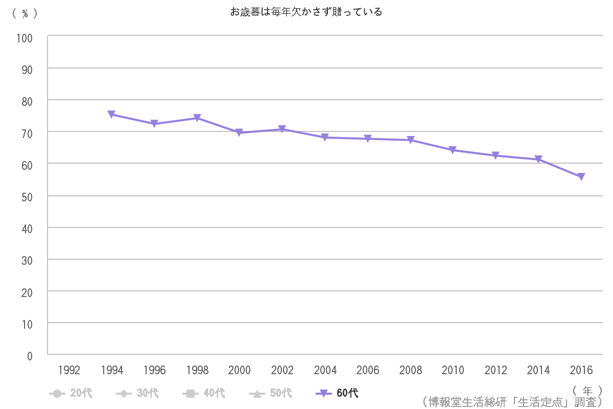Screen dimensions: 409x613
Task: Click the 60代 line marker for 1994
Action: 111,115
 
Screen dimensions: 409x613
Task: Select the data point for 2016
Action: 581,177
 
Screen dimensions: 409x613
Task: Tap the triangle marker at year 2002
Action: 282,129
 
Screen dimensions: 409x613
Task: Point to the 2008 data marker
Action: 410,140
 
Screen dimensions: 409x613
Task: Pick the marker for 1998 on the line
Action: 197,118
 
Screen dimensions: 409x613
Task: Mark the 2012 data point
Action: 496,155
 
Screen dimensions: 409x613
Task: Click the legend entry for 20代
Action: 71,393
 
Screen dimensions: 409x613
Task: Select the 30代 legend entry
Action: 137,393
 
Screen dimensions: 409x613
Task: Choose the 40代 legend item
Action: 203,393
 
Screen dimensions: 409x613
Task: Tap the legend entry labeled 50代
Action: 270,393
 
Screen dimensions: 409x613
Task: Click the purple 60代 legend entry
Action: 337,393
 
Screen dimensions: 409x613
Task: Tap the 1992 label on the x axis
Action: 69,370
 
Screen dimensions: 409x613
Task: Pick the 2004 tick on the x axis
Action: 325,370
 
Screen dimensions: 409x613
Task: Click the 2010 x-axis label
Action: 453,370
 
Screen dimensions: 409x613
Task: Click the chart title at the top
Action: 306,12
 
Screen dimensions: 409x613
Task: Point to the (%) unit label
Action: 25,14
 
